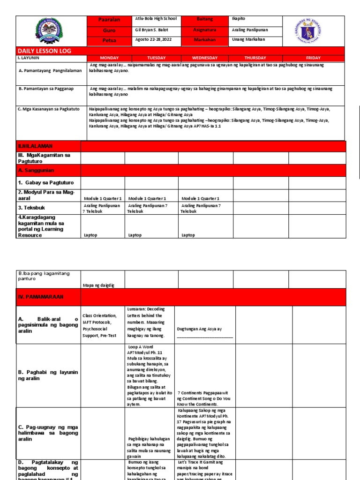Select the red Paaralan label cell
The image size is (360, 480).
click(x=109, y=19)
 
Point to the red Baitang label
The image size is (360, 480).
click(x=205, y=19)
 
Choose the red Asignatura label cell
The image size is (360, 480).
click(x=205, y=30)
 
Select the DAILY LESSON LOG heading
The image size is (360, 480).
click(x=45, y=51)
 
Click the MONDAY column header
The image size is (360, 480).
click(x=109, y=58)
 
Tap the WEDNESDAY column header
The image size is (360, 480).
click(x=205, y=58)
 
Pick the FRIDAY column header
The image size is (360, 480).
click(x=313, y=58)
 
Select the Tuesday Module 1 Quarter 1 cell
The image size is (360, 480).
click(x=147, y=199)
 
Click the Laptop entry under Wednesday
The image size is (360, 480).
click(x=188, y=235)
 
